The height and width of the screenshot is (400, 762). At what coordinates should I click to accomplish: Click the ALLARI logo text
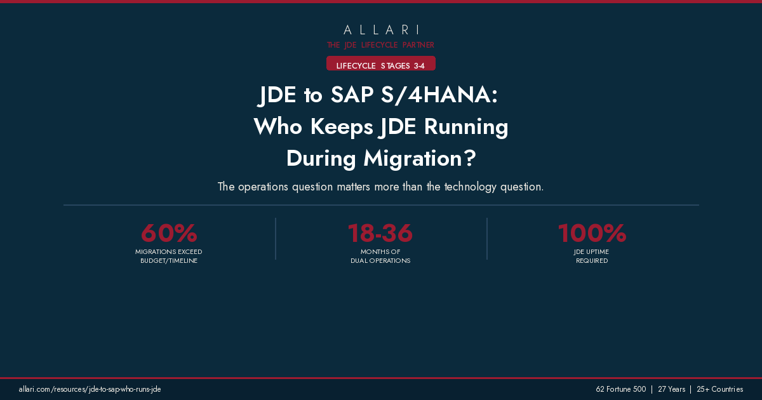381,30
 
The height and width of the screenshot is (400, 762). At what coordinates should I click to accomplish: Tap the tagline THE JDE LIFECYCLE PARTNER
381,45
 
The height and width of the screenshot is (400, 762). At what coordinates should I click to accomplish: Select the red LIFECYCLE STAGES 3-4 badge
381,65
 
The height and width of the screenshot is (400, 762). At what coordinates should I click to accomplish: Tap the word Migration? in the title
420,158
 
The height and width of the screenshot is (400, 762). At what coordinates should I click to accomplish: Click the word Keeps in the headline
341,127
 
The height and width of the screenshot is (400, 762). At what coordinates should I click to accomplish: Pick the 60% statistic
169,234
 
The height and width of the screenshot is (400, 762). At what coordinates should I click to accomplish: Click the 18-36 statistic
380,234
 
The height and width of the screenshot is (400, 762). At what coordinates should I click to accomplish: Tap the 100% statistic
592,234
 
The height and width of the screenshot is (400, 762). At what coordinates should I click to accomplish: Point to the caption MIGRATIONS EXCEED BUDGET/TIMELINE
169,257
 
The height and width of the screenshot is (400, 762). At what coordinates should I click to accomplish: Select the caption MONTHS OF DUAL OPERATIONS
380,257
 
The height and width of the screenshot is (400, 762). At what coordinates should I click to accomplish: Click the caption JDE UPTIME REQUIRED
592,257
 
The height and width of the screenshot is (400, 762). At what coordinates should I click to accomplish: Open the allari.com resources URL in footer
90,389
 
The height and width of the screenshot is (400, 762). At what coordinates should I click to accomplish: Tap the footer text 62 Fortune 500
620,389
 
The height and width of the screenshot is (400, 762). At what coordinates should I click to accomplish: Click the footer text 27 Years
671,389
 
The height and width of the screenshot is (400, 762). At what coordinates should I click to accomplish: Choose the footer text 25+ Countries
719,389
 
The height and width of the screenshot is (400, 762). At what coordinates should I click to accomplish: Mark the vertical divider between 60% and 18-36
276,239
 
